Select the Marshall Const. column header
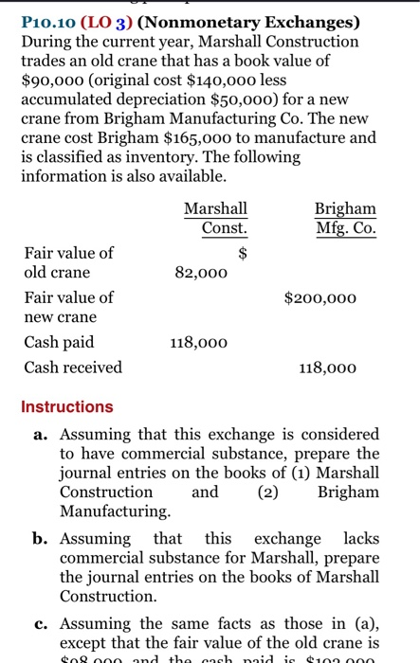point(215,218)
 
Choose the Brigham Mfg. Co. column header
point(345,218)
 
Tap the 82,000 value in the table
point(201,273)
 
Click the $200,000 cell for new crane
point(320,297)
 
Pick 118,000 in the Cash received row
point(328,367)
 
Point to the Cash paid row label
point(59,343)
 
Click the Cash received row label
point(73,367)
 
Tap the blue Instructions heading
point(67,406)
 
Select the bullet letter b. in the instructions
point(40,537)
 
